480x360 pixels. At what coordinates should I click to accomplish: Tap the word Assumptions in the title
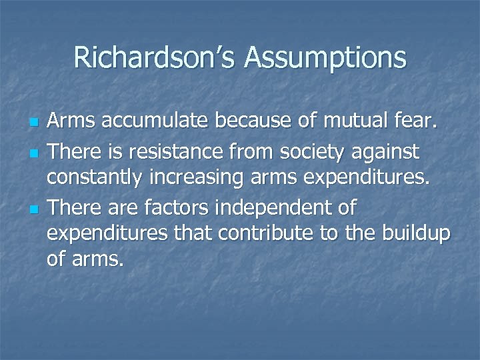click(325, 59)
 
